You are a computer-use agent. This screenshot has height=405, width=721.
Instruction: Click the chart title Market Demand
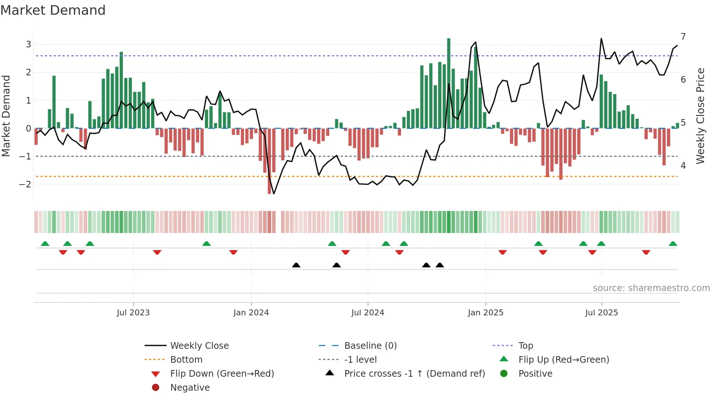click(53, 10)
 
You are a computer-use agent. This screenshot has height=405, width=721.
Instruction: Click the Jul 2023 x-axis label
click(133, 313)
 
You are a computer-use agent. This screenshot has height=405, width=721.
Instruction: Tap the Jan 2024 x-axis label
click(251, 313)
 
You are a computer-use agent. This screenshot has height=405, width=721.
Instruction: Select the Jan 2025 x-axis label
click(485, 313)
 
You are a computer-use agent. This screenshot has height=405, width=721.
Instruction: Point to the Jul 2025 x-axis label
click(601, 313)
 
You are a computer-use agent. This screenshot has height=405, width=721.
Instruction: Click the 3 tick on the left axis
click(28, 44)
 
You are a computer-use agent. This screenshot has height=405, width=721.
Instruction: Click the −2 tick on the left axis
click(26, 184)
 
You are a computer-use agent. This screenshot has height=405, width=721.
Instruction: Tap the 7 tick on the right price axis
click(683, 37)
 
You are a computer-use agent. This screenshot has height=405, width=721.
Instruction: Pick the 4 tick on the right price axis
click(683, 165)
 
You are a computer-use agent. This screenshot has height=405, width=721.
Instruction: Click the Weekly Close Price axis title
click(700, 116)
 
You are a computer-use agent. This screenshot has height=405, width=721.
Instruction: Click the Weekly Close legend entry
click(199, 346)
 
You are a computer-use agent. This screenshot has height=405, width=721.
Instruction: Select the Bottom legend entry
click(186, 360)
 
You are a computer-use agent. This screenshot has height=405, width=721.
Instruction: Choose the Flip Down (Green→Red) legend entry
click(222, 374)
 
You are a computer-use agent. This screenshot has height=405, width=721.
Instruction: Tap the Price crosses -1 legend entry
click(414, 374)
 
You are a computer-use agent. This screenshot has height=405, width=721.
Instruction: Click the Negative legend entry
click(190, 388)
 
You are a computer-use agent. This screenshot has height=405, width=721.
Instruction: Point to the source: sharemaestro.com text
click(651, 288)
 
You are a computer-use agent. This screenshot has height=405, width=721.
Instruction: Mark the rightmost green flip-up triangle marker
click(673, 244)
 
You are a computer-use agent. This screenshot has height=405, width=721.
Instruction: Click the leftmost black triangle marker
click(296, 265)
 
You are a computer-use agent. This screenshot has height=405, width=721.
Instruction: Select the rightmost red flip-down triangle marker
click(646, 252)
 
